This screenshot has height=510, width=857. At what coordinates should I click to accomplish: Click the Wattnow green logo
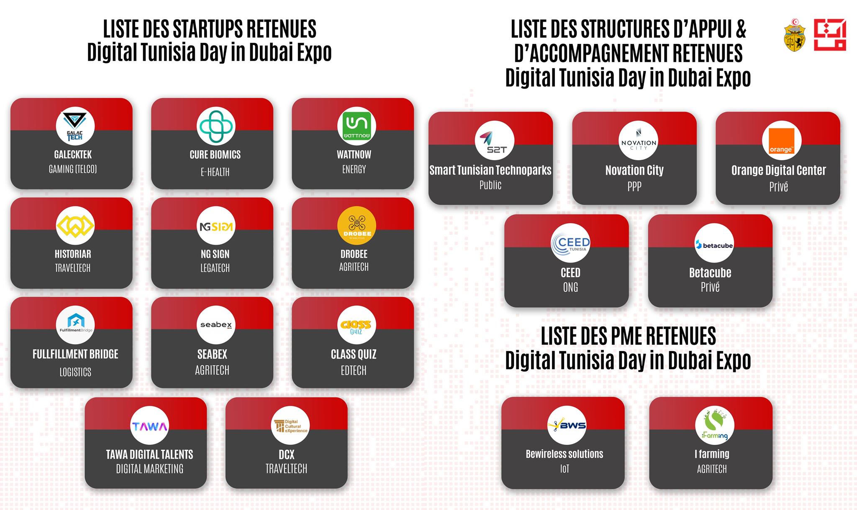[357, 126]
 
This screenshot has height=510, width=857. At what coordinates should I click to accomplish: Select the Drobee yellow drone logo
[357, 225]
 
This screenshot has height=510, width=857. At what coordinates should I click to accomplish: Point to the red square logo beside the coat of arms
[830, 35]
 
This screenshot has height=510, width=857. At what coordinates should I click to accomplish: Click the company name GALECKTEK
[73, 155]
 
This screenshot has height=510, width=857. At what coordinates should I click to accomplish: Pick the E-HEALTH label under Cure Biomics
[215, 172]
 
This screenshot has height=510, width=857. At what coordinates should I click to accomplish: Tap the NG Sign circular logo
[216, 225]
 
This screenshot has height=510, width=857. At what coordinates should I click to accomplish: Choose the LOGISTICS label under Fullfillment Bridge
[75, 372]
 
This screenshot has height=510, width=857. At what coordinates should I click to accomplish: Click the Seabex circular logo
[216, 325]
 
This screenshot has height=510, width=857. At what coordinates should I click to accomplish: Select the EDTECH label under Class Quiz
[354, 370]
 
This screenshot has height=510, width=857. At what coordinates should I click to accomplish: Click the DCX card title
[287, 454]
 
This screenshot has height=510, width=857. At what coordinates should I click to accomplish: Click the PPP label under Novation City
[634, 186]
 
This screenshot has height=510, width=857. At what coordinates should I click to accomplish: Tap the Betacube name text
[710, 273]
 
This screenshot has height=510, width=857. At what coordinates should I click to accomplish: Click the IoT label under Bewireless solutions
[564, 469]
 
